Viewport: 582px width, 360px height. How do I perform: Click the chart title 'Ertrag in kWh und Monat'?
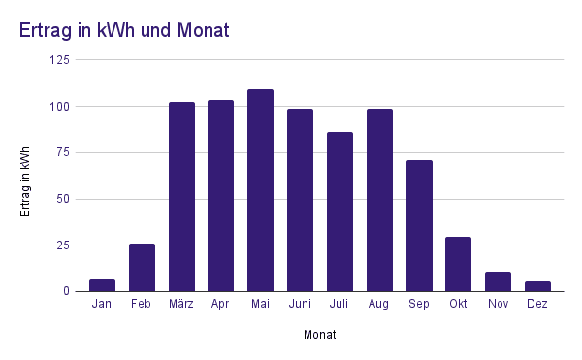(124, 30)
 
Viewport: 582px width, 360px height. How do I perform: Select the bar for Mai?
(260, 190)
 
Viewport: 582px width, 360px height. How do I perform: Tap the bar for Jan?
(102, 285)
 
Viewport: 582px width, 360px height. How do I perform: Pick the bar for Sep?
(419, 226)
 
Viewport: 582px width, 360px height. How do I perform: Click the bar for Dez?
(537, 286)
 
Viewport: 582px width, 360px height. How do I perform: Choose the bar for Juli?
(339, 212)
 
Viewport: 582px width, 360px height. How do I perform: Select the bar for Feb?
(142, 268)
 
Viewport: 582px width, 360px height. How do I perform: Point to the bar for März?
(181, 197)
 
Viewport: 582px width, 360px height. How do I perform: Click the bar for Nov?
(498, 281)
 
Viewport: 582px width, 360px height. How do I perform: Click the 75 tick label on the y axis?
(62, 152)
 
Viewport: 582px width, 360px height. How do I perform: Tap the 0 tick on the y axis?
(66, 291)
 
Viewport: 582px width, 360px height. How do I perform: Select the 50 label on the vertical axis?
(62, 199)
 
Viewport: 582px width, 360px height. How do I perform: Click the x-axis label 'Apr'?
(220, 305)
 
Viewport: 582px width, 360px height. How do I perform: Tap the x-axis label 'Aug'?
(379, 305)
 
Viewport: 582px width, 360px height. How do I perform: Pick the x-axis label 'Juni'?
(300, 305)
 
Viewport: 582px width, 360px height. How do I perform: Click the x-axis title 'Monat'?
(319, 335)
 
